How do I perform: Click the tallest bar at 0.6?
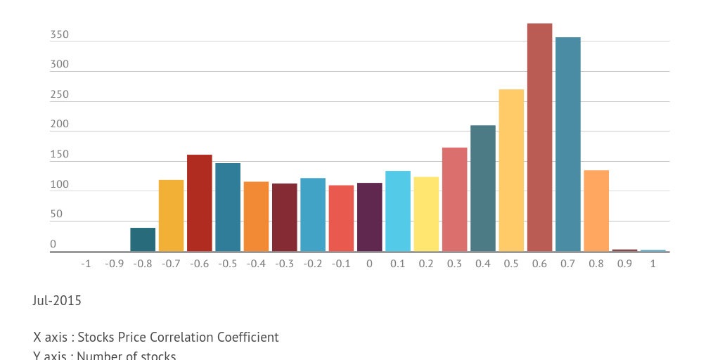click(539, 137)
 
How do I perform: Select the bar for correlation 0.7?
click(567, 144)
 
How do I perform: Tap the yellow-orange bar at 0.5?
click(511, 170)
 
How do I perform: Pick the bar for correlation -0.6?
click(199, 202)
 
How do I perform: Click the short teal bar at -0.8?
click(143, 240)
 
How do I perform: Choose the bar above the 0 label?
click(369, 217)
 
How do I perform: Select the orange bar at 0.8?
click(596, 211)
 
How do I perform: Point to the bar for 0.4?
click(482, 188)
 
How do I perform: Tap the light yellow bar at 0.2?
click(426, 214)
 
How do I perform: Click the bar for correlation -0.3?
click(284, 217)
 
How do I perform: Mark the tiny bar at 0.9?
click(624, 250)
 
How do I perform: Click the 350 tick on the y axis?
click(59, 34)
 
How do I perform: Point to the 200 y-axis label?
click(59, 124)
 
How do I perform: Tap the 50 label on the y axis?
click(56, 214)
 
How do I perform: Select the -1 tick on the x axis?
click(86, 264)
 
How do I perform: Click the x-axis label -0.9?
click(114, 264)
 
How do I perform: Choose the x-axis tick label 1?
click(652, 264)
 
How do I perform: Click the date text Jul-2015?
click(57, 301)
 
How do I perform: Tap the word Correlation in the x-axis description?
click(174, 337)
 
